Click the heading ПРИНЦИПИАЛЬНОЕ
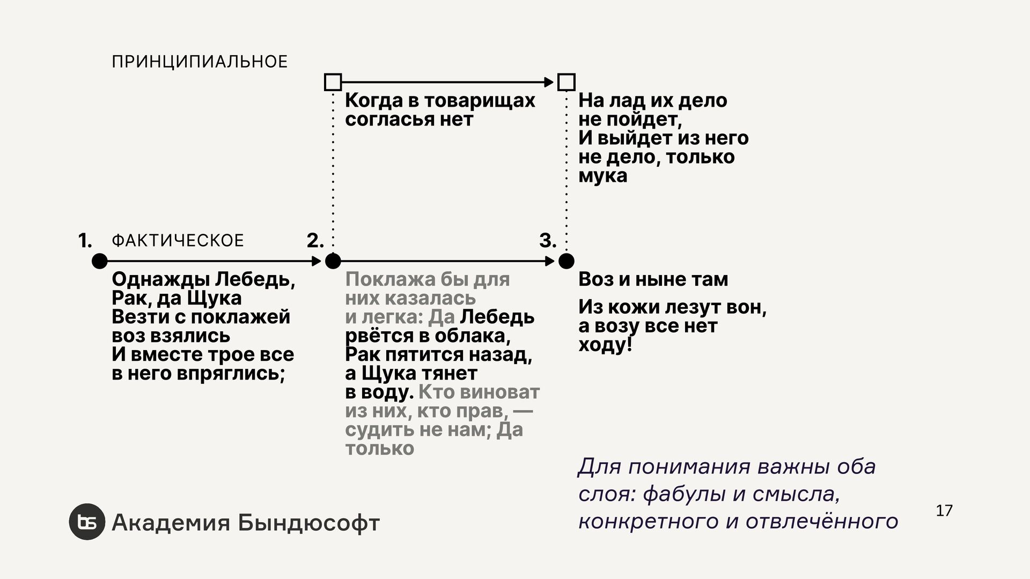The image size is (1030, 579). click(200, 62)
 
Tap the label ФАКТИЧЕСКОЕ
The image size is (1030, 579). click(178, 241)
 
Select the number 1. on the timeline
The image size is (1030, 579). click(85, 241)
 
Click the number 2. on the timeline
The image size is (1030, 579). click(315, 241)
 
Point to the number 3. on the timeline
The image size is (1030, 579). click(548, 241)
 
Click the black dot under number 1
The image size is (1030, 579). click(99, 261)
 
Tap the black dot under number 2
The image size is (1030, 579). click(333, 261)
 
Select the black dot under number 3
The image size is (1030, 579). click(566, 261)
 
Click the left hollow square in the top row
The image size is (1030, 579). click(333, 82)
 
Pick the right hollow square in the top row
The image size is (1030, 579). click(566, 82)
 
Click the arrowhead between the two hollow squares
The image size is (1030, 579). click(549, 82)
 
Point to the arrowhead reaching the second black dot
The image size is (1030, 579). click(317, 261)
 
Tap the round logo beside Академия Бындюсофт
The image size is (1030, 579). click(87, 522)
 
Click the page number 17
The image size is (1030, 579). click(944, 511)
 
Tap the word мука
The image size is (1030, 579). click(602, 176)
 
